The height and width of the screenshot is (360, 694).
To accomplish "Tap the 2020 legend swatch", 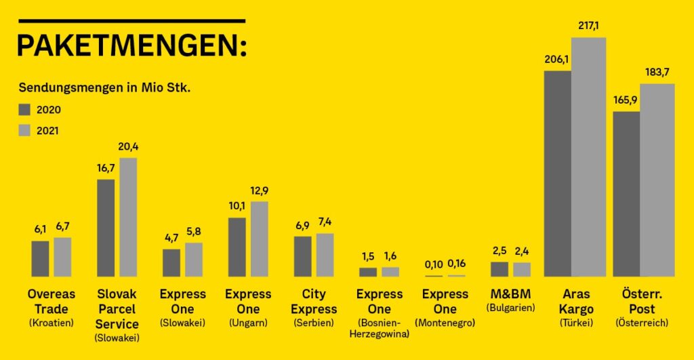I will click(25, 110).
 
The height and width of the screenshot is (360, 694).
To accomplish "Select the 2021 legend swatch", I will click(25, 130).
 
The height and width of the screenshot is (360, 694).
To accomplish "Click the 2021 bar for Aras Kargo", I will click(588, 157).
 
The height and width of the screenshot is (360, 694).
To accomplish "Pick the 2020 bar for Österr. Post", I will click(627, 194).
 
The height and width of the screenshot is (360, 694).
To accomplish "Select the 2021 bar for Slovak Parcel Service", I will click(128, 217).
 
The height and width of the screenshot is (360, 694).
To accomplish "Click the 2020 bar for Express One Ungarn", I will click(237, 247).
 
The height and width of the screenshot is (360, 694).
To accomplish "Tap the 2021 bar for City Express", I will click(325, 255).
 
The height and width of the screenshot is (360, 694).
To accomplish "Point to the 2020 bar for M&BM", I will click(499, 269).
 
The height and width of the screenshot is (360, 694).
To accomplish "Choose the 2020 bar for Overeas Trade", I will click(41, 258).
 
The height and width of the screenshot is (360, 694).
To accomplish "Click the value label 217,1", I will click(588, 26).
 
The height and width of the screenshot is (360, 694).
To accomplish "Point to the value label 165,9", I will click(627, 100).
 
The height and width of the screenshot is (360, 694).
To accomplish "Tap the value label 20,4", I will click(128, 146).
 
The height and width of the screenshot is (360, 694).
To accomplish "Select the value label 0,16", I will click(457, 264).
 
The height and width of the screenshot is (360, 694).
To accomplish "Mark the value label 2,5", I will click(499, 250).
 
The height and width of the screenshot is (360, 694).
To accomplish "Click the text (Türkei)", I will click(576, 323).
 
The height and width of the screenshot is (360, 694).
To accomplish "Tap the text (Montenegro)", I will click(445, 323).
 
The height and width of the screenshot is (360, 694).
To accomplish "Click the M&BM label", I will click(510, 294).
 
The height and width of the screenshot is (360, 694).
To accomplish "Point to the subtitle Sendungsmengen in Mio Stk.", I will click(108, 88).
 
